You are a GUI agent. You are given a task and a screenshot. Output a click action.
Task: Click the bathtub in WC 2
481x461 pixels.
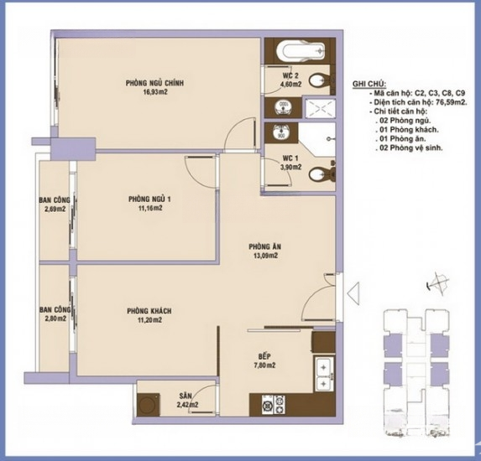(301, 51)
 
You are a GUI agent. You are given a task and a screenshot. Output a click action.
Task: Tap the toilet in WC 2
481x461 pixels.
(319, 81)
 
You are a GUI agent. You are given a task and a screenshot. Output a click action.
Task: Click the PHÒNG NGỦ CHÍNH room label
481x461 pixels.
(154, 83)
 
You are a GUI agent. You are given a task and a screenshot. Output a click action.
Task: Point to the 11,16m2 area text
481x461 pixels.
(150, 209)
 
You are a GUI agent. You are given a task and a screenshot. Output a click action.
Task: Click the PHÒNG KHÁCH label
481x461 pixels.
(149, 311)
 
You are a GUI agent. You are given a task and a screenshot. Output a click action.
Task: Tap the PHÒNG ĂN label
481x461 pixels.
(264, 246)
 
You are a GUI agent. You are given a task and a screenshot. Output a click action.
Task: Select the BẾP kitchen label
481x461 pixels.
(264, 356)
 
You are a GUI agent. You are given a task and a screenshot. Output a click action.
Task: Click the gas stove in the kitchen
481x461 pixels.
(274, 404)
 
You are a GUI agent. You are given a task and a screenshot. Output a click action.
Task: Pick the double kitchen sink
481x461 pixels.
(323, 374)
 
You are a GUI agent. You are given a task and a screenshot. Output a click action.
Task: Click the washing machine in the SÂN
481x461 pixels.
(149, 405)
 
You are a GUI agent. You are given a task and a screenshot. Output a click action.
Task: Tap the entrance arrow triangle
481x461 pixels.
(353, 293)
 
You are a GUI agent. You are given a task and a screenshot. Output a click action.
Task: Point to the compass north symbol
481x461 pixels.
(437, 284)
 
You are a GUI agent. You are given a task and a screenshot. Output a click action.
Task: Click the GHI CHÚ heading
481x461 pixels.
(369, 84)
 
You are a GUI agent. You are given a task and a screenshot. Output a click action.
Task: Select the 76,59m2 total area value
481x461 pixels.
(451, 102)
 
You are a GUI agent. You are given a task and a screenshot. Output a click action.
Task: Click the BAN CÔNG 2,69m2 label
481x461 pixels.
(55, 205)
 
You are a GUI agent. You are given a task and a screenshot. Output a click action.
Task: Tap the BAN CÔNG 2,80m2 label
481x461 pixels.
(55, 314)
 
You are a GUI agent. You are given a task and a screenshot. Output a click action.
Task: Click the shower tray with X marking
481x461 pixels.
(320, 108)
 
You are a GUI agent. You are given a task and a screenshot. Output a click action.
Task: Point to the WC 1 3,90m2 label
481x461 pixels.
(290, 163)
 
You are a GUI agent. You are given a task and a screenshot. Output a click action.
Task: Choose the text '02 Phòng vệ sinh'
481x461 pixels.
(411, 148)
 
